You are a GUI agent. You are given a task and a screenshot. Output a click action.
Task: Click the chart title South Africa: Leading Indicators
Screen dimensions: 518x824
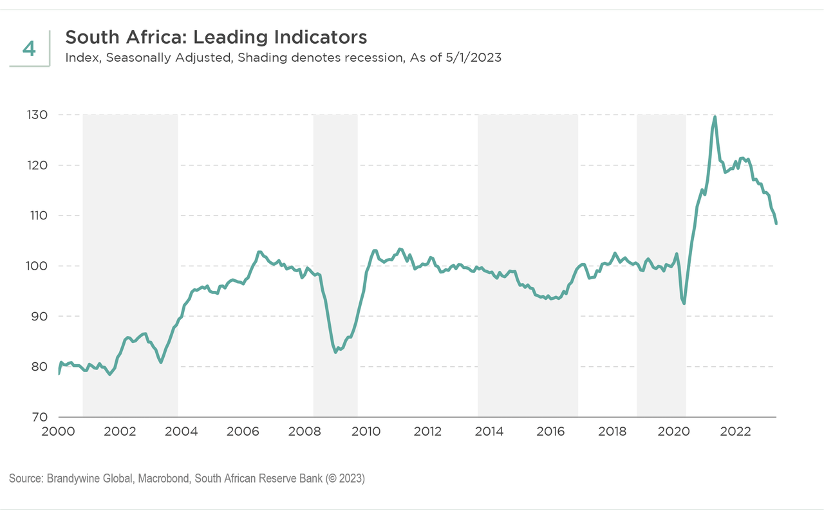click(216, 37)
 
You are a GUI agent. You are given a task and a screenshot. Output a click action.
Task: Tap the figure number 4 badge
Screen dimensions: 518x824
click(29, 49)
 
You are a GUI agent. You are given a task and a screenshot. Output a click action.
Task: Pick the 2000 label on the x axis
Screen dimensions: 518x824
click(58, 431)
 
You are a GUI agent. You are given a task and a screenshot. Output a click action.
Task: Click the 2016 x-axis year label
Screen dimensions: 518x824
click(550, 431)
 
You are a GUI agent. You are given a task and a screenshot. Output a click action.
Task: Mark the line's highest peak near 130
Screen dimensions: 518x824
click(715, 117)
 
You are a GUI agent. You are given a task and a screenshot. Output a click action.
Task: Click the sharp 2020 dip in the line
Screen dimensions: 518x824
click(684, 303)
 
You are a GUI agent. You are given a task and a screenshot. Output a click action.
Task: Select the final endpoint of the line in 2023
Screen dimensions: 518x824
click(776, 223)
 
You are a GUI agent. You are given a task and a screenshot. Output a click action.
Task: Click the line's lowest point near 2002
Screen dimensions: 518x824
click(110, 374)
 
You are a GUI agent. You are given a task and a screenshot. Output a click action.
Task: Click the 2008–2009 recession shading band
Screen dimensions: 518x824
click(335, 257)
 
